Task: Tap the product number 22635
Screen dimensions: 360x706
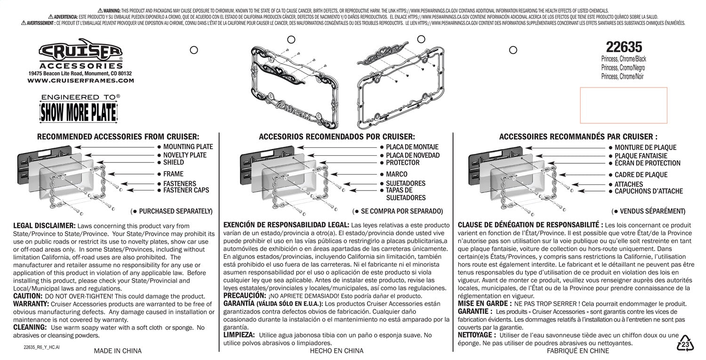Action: pyautogui.click(x=624, y=47)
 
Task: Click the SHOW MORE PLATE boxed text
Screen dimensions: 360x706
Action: pyautogui.click(x=78, y=112)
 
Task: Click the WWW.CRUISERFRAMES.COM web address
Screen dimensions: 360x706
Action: pyautogui.click(x=80, y=80)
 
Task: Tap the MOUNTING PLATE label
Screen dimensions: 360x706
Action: pyautogui.click(x=188, y=147)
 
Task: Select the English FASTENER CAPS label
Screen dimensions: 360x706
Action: pyautogui.click(x=186, y=191)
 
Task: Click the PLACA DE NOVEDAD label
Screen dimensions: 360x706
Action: pyautogui.click(x=413, y=155)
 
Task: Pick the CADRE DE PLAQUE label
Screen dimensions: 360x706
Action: pyautogui.click(x=641, y=175)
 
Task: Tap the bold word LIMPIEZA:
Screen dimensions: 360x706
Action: pyautogui.click(x=239, y=335)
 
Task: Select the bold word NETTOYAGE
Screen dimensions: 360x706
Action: pyautogui.click(x=477, y=335)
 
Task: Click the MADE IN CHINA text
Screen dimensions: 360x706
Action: pyautogui.click(x=118, y=351)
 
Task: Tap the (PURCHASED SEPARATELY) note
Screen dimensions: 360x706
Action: pyautogui.click(x=171, y=211)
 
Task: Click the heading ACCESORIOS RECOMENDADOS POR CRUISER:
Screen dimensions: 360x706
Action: pyautogui.click(x=337, y=136)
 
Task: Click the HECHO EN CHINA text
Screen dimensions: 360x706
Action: pyautogui.click(x=337, y=351)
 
